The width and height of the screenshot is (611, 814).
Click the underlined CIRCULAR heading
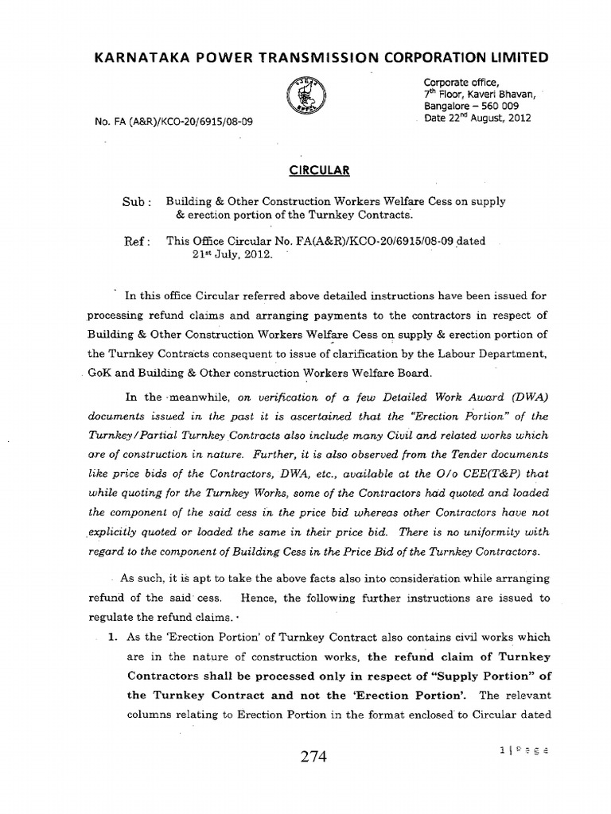click(x=305, y=170)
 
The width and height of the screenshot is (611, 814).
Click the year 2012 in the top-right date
click(x=516, y=118)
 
